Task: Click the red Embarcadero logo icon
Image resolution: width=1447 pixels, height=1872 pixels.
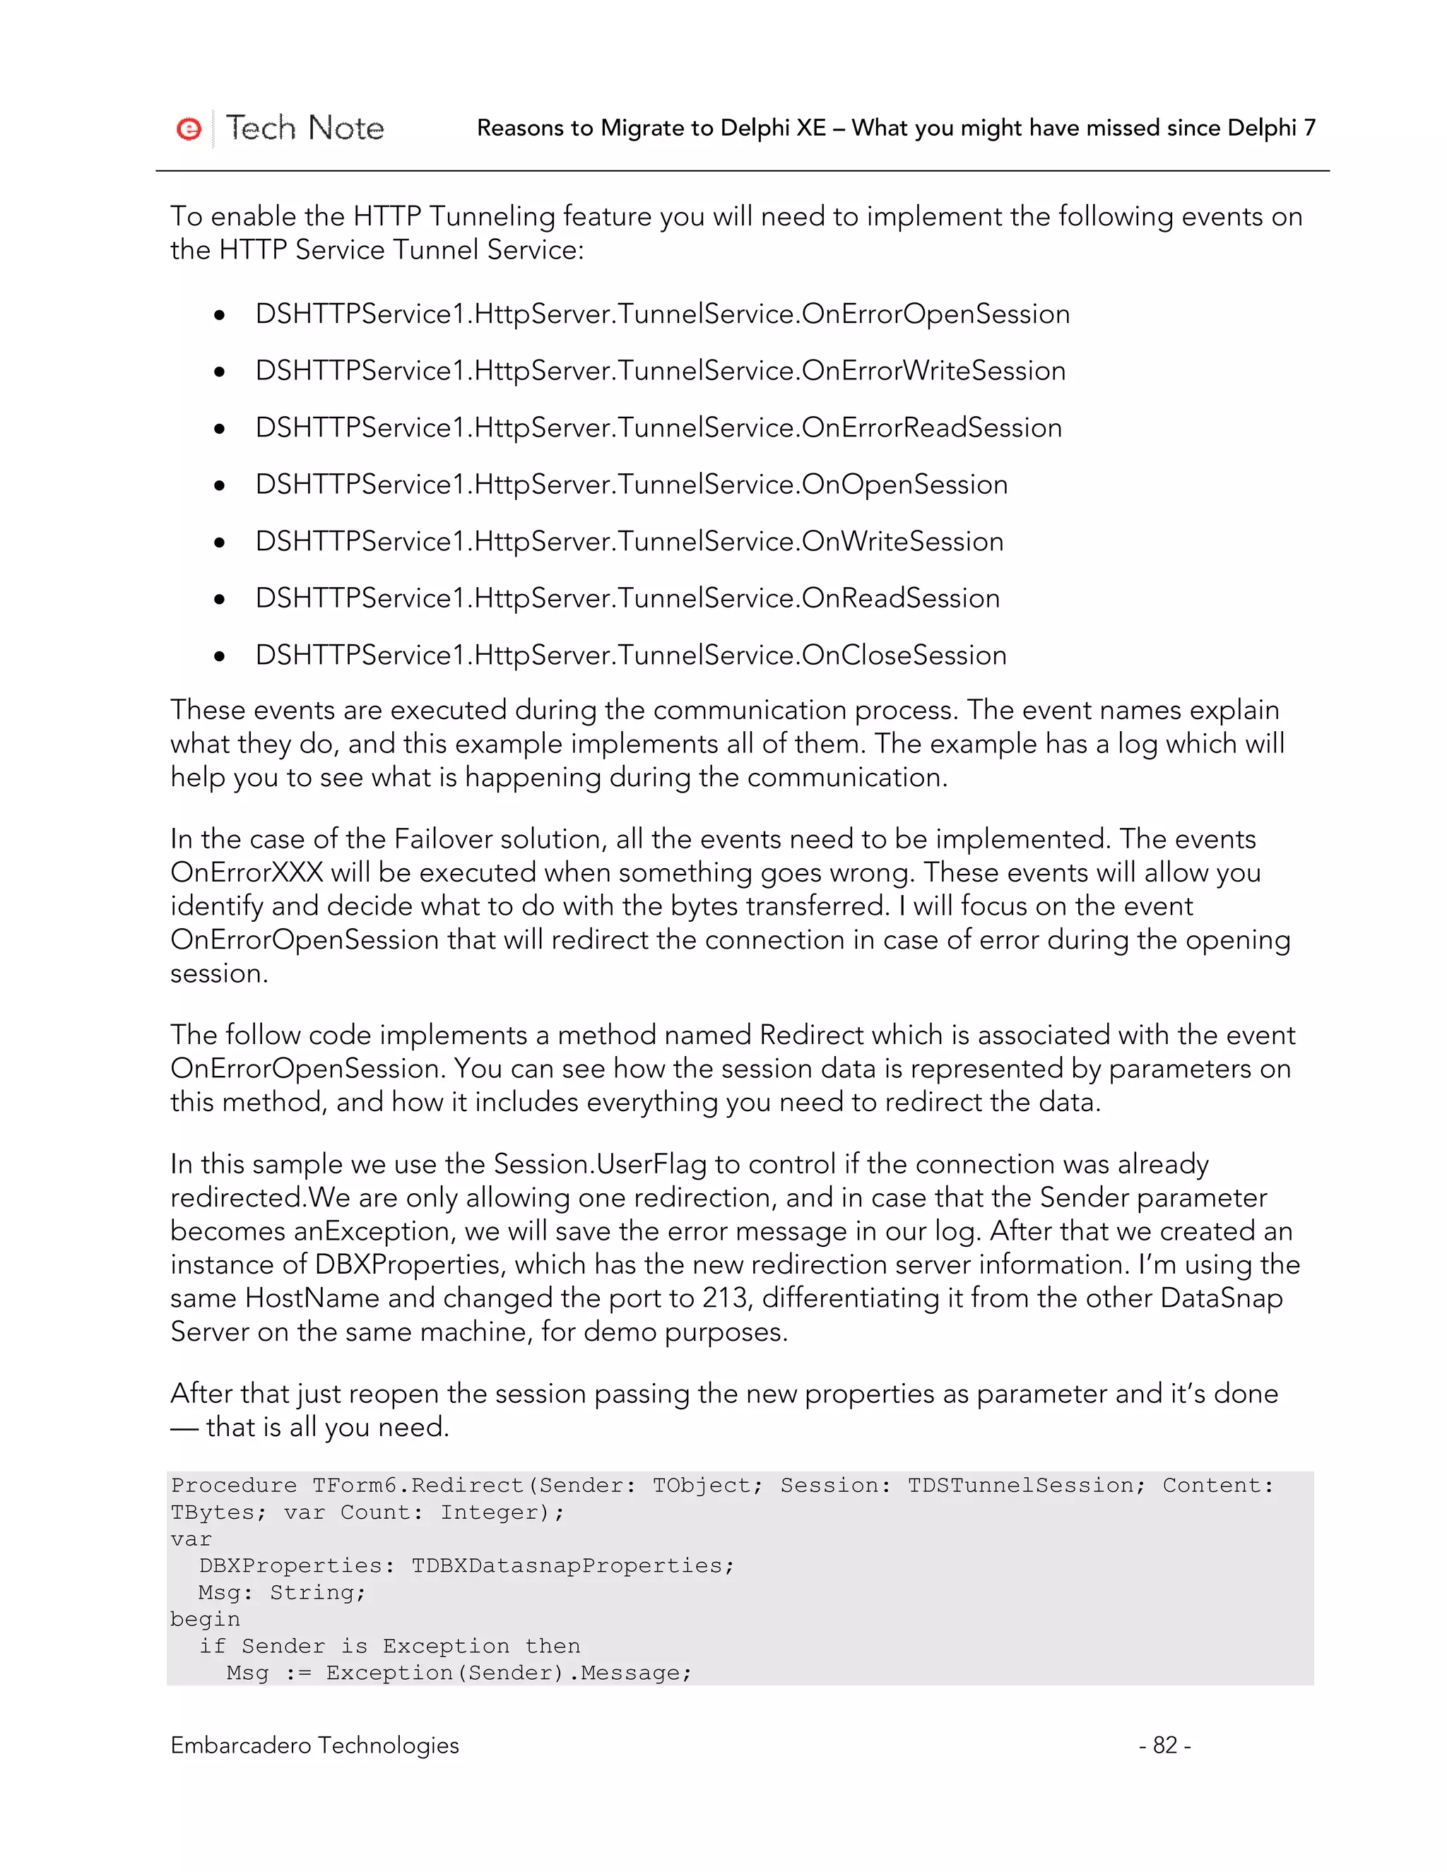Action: coord(189,129)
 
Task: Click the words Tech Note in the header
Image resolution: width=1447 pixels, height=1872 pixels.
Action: coord(305,128)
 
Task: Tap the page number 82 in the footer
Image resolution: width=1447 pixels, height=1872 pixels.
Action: coord(1164,1745)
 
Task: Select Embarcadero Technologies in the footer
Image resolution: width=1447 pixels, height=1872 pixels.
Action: coord(314,1745)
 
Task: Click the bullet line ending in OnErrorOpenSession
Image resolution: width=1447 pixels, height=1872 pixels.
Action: coord(662,314)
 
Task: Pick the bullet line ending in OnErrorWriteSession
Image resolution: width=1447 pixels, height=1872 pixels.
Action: coord(660,370)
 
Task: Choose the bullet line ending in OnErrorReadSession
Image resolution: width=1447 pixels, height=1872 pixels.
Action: coord(658,427)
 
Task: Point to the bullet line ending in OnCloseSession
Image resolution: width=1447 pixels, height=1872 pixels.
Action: coord(631,655)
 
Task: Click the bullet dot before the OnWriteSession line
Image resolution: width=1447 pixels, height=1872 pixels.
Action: coord(220,543)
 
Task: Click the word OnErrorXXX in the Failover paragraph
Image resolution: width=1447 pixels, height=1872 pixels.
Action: coord(247,872)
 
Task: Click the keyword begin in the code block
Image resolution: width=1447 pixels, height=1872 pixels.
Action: coord(205,1619)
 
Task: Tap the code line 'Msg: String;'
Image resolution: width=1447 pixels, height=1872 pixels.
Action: coord(282,1592)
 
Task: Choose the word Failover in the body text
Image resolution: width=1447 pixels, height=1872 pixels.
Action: coord(443,839)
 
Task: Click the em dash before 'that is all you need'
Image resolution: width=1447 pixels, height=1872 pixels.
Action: coord(184,1427)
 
